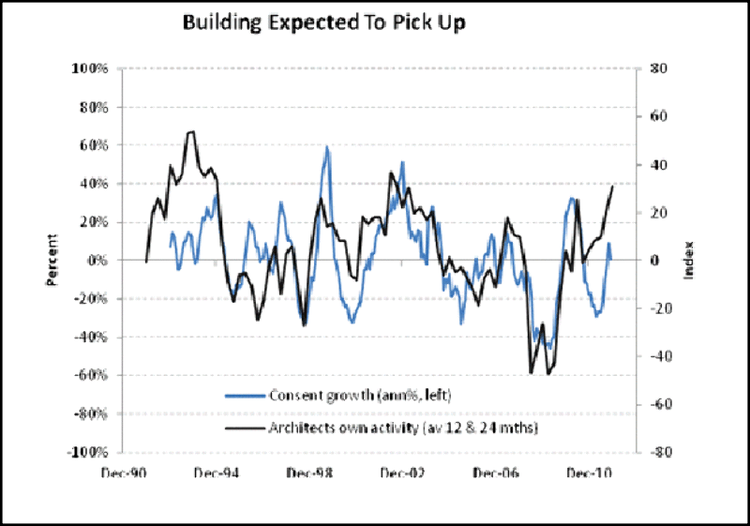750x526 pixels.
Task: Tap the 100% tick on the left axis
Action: [85, 68]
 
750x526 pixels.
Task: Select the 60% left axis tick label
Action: [89, 145]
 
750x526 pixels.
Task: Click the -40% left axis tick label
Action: [86, 337]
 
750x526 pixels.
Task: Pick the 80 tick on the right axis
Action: [659, 68]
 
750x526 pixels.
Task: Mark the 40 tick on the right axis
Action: [659, 165]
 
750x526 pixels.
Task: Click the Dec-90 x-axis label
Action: [122, 473]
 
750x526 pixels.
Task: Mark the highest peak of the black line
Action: [191, 132]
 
